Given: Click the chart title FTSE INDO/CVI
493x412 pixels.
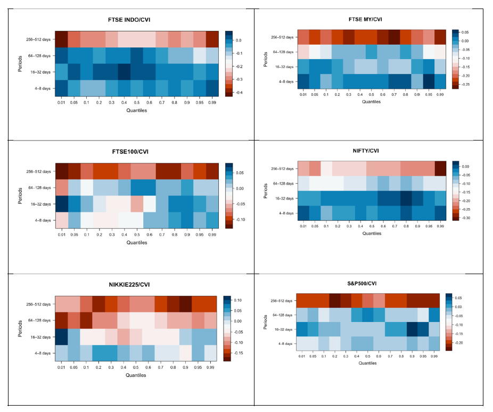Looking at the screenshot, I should pos(136,20).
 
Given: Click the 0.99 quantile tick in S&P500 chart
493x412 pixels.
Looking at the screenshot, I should pos(434,356).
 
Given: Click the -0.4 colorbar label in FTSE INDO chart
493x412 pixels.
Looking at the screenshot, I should pos(237,93).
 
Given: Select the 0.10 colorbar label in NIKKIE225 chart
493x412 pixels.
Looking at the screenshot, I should pos(238,300).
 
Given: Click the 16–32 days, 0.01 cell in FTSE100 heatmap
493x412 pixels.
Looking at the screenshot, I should pos(62,204).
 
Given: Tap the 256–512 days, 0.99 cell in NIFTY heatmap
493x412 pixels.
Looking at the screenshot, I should pos(440,168).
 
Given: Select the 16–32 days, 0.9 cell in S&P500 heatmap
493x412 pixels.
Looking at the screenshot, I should pos(412,329).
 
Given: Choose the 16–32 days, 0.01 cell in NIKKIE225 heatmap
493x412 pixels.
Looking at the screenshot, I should pos(62,336).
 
